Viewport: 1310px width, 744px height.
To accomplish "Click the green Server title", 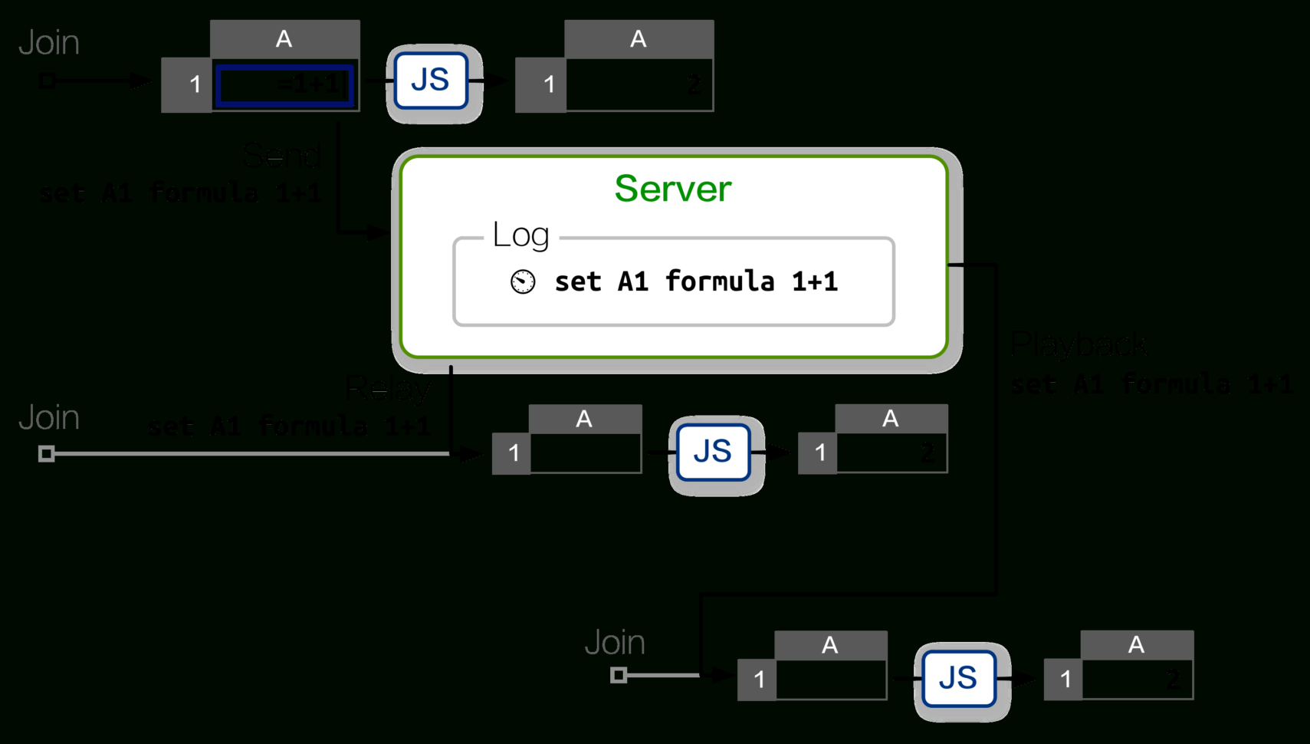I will coord(673,189).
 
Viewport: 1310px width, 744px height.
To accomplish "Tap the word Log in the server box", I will coord(521,235).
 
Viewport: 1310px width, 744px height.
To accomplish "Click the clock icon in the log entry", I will coord(523,281).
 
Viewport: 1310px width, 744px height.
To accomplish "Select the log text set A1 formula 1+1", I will coord(696,281).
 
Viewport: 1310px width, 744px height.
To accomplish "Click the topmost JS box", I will coord(431,81).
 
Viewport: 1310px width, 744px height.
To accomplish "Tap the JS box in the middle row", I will coord(713,452).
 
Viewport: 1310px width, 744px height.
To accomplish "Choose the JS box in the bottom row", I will coord(959,678).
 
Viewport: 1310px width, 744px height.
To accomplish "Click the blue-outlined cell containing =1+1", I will coord(285,84).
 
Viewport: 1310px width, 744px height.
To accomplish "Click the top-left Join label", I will coord(49,43).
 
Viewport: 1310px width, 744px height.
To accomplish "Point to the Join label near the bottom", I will coord(615,643).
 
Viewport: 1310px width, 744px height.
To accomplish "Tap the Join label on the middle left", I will coord(49,418).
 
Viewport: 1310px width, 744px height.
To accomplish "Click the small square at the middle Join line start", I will coord(47,454).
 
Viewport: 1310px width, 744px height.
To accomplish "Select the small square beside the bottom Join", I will coord(619,675).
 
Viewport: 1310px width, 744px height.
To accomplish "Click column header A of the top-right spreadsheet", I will coord(639,39).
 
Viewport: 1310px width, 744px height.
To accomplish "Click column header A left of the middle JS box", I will coord(585,419).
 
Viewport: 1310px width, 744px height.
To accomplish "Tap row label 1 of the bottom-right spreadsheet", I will coord(1064,680).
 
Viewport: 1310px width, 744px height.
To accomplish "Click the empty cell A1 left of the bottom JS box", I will coord(831,680).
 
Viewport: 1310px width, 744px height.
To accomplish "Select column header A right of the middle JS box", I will coord(891,419).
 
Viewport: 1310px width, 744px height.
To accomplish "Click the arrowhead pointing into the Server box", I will coord(379,231).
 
